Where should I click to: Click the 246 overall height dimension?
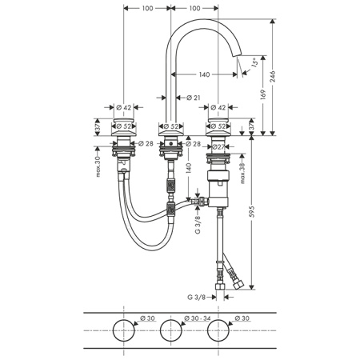[x=273, y=77]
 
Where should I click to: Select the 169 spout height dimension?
[x=263, y=94]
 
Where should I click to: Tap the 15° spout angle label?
[x=254, y=62]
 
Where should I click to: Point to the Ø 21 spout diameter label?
[x=193, y=98]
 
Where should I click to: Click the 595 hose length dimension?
[x=251, y=211]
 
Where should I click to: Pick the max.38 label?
[x=242, y=173]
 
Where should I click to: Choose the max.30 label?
[x=98, y=166]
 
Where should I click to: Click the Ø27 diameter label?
[x=218, y=146]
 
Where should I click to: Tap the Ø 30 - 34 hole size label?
[x=198, y=318]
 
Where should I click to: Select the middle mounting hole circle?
[x=171, y=319]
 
